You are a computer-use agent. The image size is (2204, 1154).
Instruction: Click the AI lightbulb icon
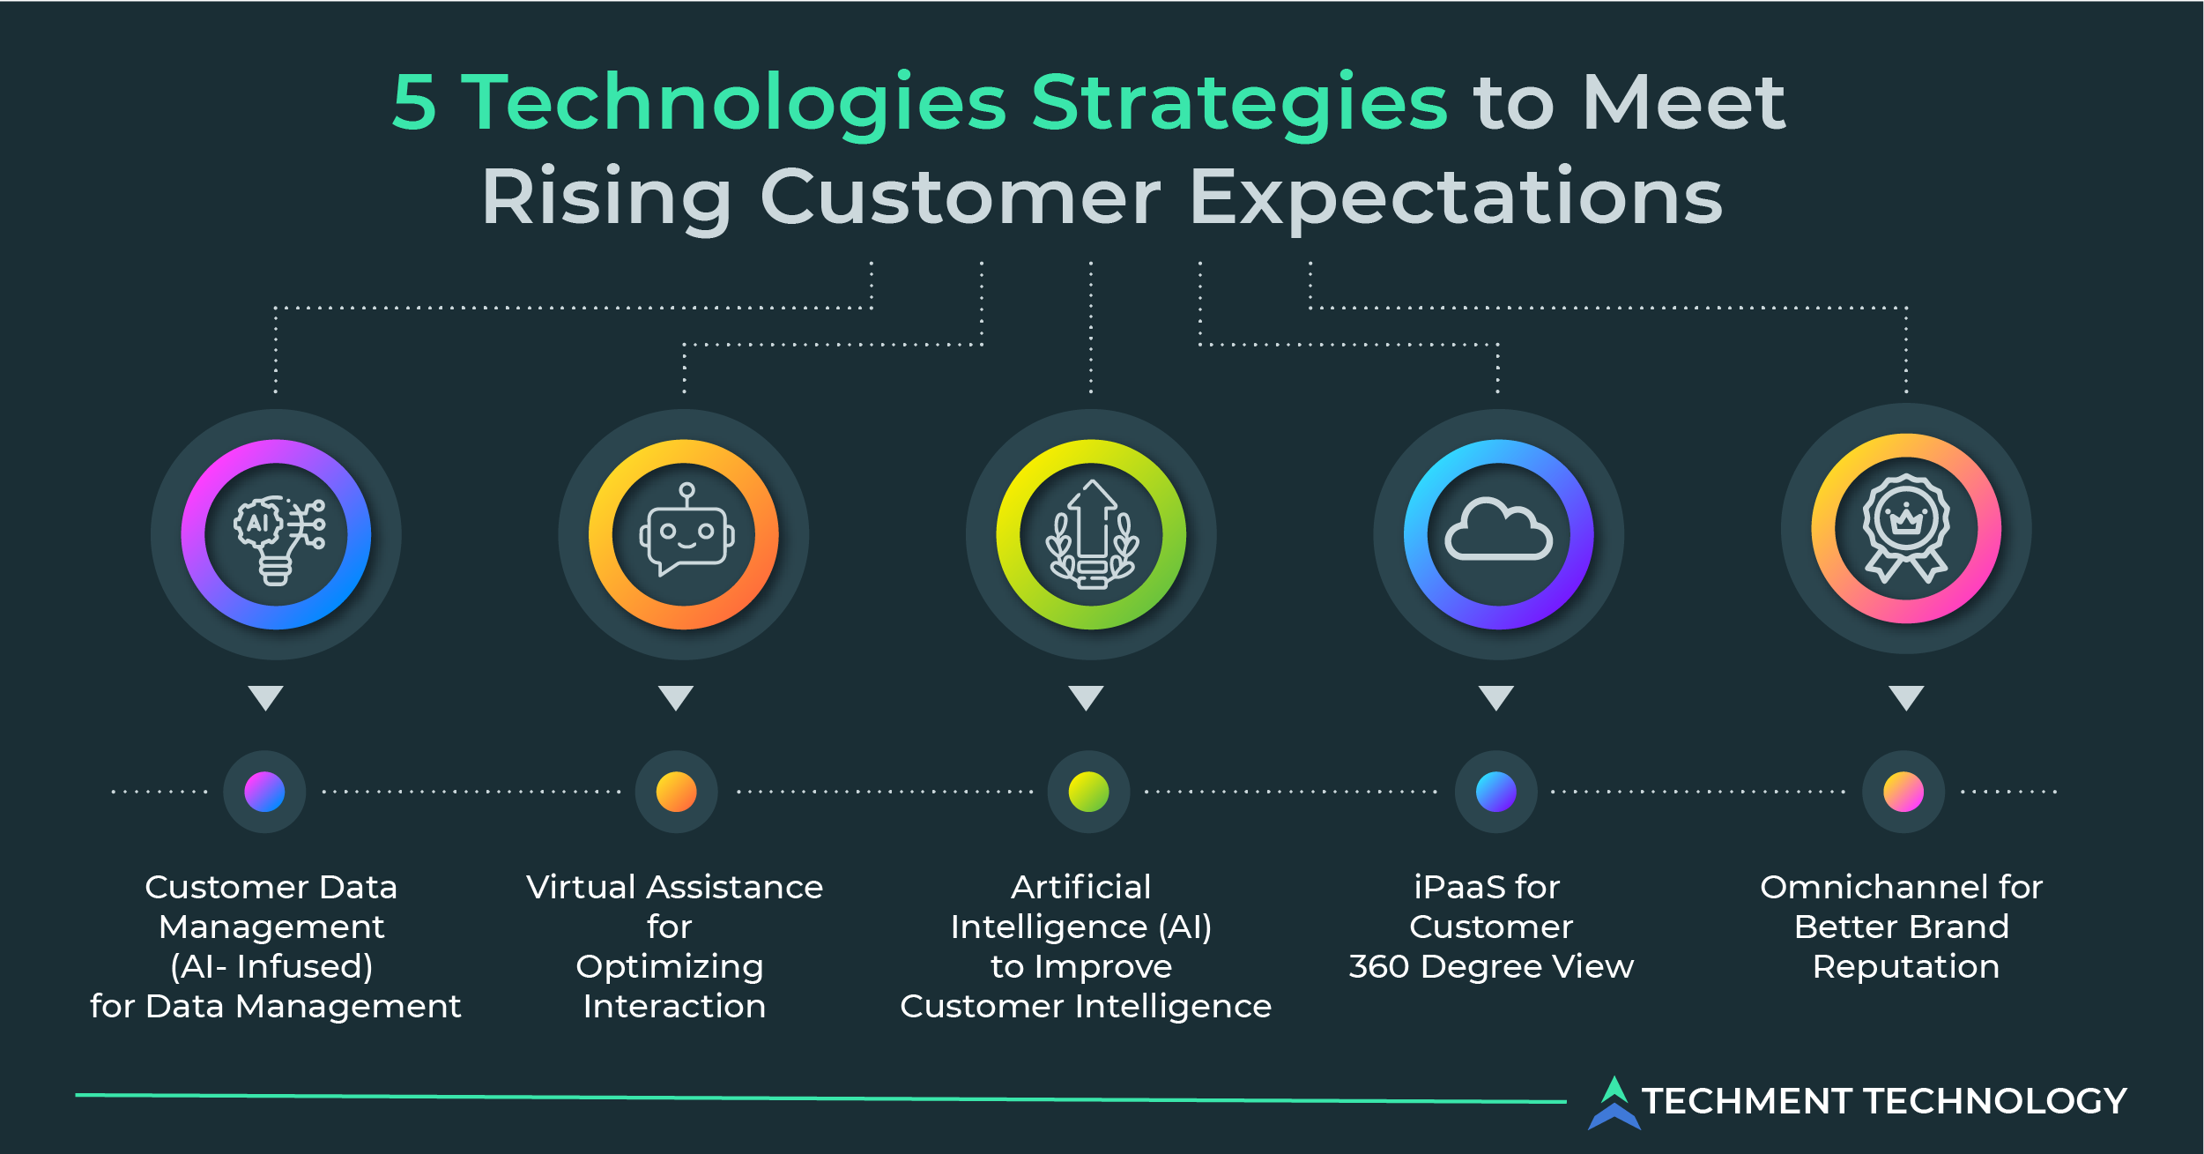pos(277,535)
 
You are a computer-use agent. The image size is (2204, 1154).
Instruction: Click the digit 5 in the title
pos(414,104)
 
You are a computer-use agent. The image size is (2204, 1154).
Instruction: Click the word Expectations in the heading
pos(1455,198)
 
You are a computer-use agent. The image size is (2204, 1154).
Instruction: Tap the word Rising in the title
pos(606,198)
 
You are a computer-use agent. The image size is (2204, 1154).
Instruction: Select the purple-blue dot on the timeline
pos(264,792)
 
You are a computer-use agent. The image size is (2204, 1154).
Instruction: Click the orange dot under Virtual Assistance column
pos(676,792)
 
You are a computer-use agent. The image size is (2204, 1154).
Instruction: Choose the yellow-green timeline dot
pos(1088,792)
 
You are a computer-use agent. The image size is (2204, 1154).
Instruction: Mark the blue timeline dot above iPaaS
pos(1495,792)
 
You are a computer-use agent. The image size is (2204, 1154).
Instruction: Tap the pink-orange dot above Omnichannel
pos(1903,792)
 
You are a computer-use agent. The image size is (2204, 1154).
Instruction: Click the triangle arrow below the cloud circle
pos(1495,696)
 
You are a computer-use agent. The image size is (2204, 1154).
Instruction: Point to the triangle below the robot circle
pos(676,696)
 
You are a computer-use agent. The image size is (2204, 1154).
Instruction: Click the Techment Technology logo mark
pos(1614,1102)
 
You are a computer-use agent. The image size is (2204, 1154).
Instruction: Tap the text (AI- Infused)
pos(271,967)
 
